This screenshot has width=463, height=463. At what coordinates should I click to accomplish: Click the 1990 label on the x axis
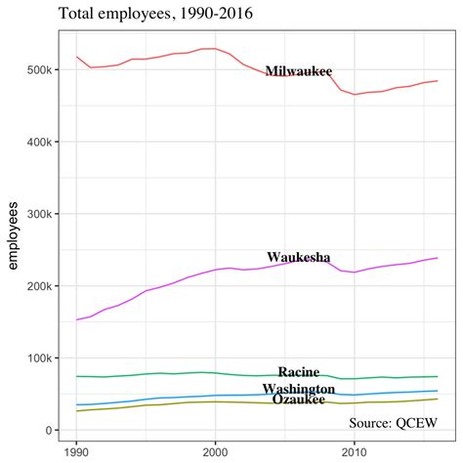(x=76, y=451)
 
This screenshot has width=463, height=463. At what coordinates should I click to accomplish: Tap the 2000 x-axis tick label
(x=215, y=451)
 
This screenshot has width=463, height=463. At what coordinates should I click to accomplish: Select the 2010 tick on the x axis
(x=354, y=451)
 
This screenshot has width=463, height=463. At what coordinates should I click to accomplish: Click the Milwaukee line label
(x=299, y=71)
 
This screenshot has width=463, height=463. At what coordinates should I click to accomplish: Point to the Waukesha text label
(x=298, y=258)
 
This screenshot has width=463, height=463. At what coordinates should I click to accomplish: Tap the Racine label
(x=298, y=372)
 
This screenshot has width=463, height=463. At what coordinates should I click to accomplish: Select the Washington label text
(x=298, y=389)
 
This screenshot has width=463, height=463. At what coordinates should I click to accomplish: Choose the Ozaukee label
(x=298, y=400)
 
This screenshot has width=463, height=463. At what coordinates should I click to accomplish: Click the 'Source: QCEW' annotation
(x=393, y=423)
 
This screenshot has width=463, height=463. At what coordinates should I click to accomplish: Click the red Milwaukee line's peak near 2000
(x=208, y=49)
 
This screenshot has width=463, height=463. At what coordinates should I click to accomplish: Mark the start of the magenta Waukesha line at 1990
(x=76, y=320)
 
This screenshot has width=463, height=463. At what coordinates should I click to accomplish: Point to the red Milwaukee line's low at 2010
(x=355, y=95)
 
